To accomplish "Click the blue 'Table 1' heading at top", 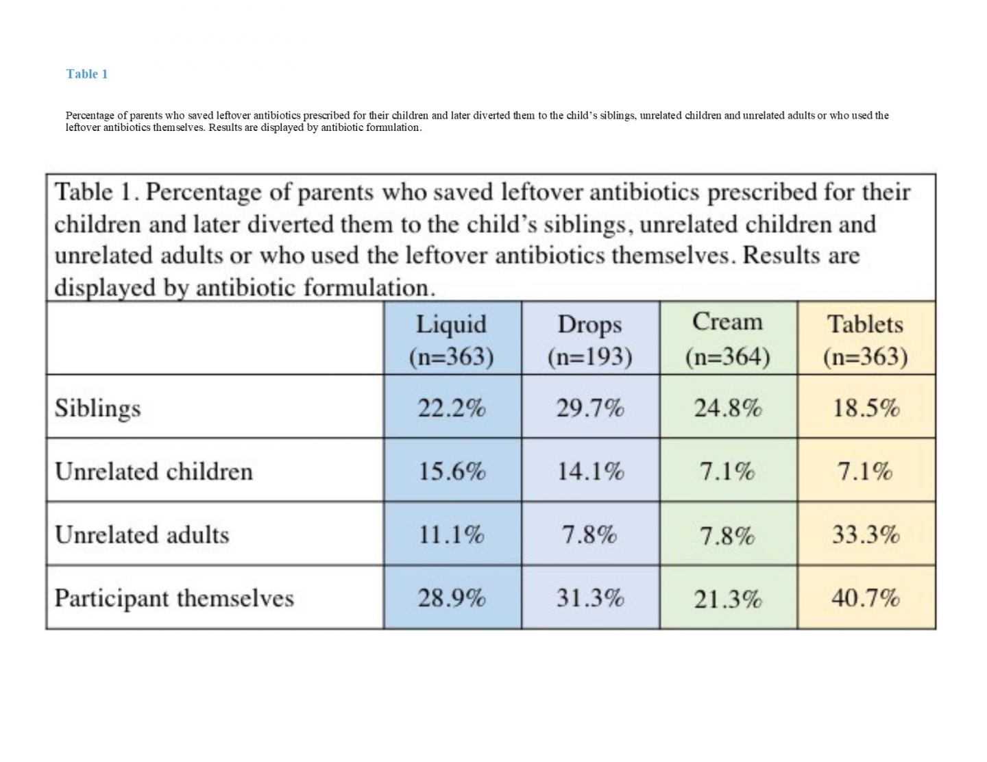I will tap(86, 74).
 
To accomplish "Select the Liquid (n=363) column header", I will tap(451, 340).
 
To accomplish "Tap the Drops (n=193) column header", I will tap(589, 340).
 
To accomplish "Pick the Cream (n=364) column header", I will tap(727, 339).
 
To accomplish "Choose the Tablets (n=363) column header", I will tap(865, 340).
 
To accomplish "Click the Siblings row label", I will tap(97, 408).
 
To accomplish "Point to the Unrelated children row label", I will tap(154, 471).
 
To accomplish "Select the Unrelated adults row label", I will tap(142, 534).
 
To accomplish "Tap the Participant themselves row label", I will tap(174, 598).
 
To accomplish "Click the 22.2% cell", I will tap(452, 408).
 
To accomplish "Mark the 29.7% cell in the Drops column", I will tap(589, 408).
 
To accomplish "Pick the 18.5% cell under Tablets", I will tap(866, 408).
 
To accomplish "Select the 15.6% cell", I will tap(452, 471).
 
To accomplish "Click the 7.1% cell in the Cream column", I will tap(727, 471).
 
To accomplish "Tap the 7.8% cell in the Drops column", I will tap(589, 534).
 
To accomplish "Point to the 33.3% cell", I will tap(866, 534).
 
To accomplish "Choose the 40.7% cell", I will tap(866, 598).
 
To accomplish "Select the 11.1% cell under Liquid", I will tap(452, 534).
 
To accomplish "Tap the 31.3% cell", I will tap(589, 598).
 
